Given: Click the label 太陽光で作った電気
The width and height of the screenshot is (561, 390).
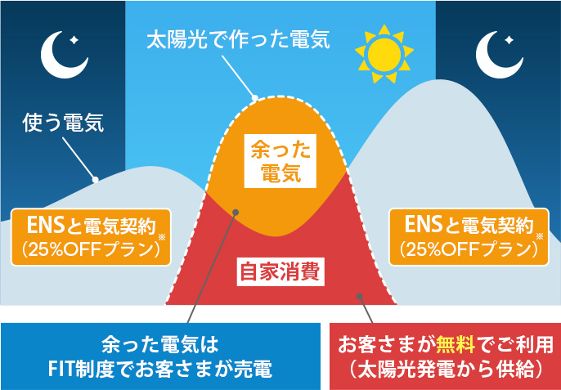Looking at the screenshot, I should pyautogui.click(x=236, y=38).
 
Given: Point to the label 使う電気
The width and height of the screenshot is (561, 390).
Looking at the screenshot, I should pyautogui.click(x=63, y=125).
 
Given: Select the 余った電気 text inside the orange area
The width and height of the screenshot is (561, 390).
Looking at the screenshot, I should pyautogui.click(x=275, y=160).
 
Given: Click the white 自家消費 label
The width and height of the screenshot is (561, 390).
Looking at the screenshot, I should pyautogui.click(x=278, y=270).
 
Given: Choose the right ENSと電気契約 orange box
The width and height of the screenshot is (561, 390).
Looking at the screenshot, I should pyautogui.click(x=469, y=237).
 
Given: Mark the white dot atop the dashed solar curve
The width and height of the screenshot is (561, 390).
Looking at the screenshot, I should pyautogui.click(x=254, y=99).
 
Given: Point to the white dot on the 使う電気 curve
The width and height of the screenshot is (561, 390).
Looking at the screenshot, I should pyautogui.click(x=95, y=179).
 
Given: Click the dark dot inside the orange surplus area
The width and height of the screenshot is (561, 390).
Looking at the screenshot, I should pyautogui.click(x=235, y=213).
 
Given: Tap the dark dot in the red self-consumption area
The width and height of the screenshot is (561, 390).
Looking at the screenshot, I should pyautogui.click(x=357, y=298).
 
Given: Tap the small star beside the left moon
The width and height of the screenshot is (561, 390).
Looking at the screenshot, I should pyautogui.click(x=74, y=39).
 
